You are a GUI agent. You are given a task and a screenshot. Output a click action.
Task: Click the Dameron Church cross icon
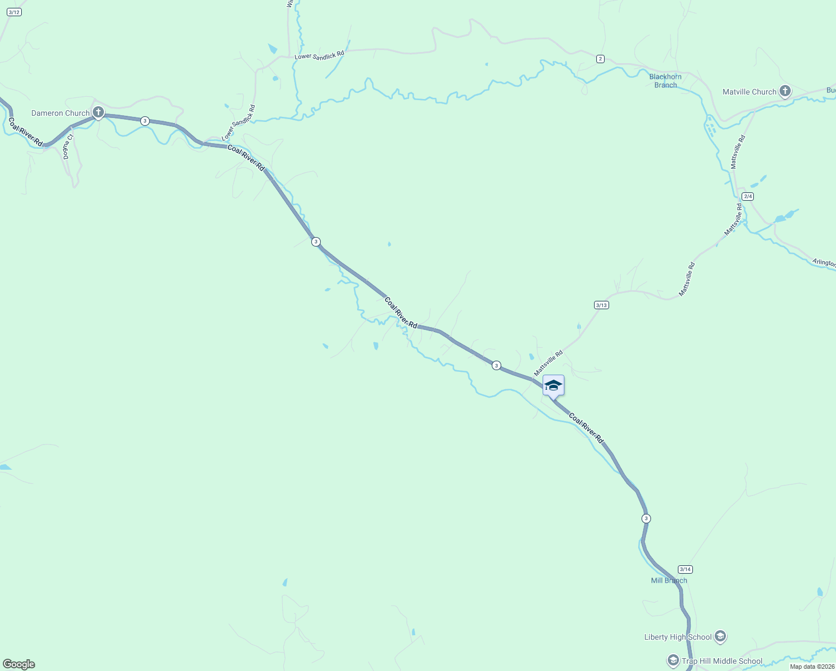[98, 112]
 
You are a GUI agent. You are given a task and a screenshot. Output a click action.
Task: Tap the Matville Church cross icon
[785, 91]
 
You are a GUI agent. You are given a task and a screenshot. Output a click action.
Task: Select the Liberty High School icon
[720, 636]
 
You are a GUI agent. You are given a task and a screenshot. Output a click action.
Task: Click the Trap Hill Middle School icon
[673, 660]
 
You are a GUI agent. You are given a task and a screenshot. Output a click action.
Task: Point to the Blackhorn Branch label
[665, 81]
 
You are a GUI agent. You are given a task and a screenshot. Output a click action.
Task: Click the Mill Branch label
[669, 580]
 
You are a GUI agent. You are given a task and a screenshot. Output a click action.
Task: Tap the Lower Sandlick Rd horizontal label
[319, 55]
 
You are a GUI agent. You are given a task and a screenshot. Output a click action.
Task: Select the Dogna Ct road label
[68, 147]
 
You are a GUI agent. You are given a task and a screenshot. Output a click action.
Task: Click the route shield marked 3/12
[14, 12]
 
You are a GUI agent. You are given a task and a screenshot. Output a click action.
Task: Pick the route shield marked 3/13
[601, 305]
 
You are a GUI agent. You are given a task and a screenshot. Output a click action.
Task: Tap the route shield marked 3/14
[685, 569]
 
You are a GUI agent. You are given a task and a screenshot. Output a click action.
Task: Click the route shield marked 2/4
[748, 196]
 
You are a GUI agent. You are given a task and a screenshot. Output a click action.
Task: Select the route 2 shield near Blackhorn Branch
[600, 59]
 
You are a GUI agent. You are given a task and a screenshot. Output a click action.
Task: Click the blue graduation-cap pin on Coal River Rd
[553, 386]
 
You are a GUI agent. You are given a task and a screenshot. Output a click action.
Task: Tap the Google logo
[18, 664]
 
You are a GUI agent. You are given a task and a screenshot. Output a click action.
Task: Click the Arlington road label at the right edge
[824, 262]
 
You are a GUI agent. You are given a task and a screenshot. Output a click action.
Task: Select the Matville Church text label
[749, 92]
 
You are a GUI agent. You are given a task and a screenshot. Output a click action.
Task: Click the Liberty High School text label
[678, 637]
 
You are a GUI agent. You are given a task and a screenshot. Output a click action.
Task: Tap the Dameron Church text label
[60, 113]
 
